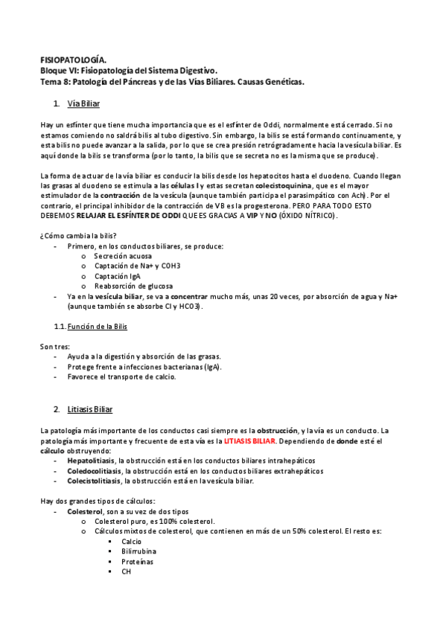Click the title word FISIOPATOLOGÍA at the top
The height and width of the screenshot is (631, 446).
click(72, 60)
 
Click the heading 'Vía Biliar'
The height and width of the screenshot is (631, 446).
click(83, 103)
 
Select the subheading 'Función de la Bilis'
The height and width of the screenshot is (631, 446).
click(98, 326)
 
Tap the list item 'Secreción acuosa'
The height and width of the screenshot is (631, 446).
click(123, 255)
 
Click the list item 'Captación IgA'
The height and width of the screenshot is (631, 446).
click(117, 275)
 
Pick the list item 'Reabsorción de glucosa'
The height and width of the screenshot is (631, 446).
click(133, 286)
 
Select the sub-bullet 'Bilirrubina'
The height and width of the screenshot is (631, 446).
click(139, 551)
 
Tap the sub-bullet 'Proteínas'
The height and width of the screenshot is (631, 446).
click(138, 561)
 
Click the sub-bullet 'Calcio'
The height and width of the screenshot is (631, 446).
click(132, 541)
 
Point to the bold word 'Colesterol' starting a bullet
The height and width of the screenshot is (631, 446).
click(86, 512)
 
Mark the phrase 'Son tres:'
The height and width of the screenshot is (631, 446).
click(54, 346)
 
